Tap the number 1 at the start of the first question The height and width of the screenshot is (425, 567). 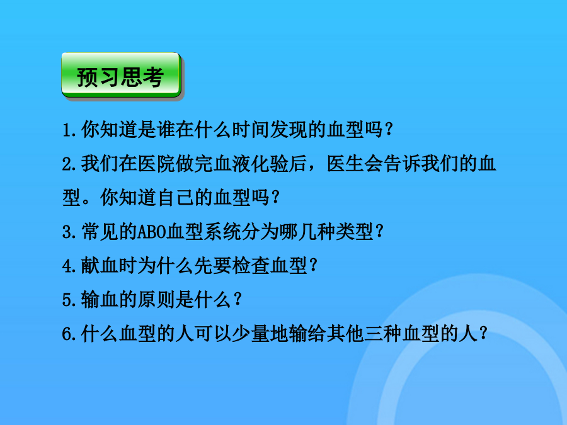67,130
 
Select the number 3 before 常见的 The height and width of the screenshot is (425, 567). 67,232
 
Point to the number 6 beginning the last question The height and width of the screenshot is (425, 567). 67,334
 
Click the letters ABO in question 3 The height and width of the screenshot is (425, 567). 151,232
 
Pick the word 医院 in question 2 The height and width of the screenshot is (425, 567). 156,164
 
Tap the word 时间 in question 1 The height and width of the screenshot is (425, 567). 251,130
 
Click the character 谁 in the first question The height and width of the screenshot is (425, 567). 166,130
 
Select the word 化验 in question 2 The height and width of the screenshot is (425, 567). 270,164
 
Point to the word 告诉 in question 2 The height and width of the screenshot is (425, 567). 402,164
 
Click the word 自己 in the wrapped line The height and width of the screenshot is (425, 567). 175,198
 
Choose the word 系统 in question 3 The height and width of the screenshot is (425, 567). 222,232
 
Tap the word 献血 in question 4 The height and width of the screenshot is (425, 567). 100,266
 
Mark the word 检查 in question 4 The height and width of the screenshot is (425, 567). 251,266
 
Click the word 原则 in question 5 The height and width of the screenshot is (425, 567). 156,300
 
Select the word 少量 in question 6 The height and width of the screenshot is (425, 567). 251,334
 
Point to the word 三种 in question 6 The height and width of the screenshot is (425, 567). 383,334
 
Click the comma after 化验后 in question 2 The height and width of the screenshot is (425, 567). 312,168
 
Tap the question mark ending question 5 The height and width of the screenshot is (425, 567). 238,299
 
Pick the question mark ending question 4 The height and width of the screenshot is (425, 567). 313,265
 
